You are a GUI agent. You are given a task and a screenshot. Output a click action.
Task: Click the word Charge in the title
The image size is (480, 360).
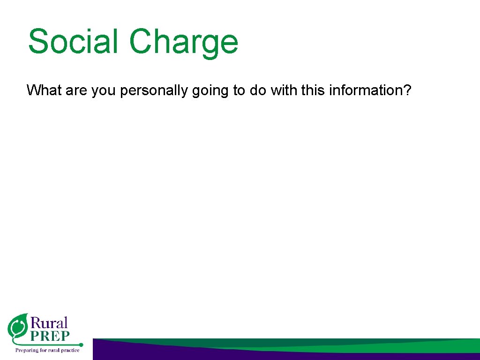point(184,42)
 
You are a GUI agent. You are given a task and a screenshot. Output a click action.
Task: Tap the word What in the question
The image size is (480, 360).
point(45,90)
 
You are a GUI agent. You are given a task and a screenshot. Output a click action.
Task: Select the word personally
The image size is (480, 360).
point(155,90)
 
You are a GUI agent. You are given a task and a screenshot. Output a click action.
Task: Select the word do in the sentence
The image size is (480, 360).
point(257,90)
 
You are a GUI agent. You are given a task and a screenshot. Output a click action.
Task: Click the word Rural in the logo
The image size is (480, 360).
point(49,323)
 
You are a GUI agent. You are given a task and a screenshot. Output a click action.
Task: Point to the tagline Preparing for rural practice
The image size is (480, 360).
point(47,350)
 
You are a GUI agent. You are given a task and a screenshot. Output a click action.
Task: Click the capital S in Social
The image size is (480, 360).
point(38,41)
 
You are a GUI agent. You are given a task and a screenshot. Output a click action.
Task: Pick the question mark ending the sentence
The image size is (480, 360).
point(407,90)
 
